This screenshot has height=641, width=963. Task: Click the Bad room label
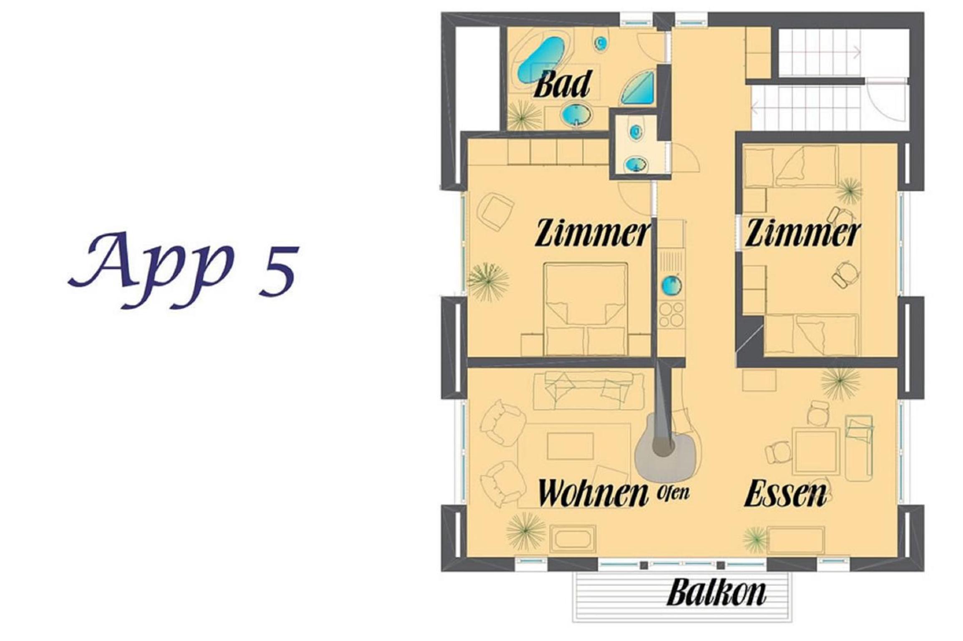pos(563,84)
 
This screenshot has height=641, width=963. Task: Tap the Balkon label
pos(717,593)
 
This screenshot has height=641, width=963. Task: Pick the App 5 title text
pos(184,270)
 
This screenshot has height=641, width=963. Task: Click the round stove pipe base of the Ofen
pos(663,447)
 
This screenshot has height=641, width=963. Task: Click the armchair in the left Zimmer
pos(496,211)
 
